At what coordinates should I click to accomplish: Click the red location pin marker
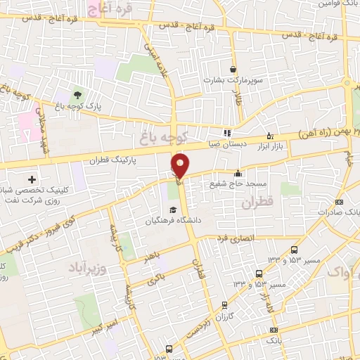click(180, 165)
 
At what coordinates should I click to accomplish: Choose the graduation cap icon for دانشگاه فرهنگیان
click(173, 210)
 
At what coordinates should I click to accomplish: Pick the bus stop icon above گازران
click(224, 304)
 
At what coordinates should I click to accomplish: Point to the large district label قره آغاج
click(109, 8)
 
